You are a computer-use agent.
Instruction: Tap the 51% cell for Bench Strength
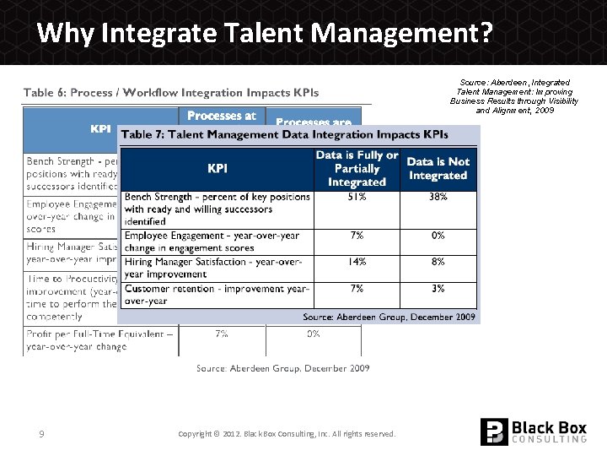tap(357, 197)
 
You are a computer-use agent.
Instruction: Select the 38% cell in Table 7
tap(438, 197)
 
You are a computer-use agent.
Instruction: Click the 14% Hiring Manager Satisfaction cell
tap(357, 262)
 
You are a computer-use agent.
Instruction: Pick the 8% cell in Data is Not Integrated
tap(438, 262)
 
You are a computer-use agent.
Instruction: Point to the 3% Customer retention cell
tap(438, 289)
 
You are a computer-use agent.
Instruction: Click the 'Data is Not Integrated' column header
tap(438, 168)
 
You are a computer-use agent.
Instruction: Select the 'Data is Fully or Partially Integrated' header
tap(357, 168)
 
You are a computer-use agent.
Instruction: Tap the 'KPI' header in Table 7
tap(218, 168)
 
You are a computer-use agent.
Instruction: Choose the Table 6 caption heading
tap(171, 92)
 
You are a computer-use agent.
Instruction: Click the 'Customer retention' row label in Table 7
tap(217, 295)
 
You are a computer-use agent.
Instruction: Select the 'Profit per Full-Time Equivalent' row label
tap(100, 339)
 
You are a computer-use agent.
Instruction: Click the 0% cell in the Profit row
tap(313, 334)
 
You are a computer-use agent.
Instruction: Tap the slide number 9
tap(41, 434)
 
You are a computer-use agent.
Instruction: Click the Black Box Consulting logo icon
tap(494, 432)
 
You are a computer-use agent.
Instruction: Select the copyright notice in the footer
tap(287, 434)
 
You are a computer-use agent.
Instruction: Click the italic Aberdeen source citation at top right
tap(514, 96)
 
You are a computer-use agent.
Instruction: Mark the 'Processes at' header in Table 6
tap(222, 117)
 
